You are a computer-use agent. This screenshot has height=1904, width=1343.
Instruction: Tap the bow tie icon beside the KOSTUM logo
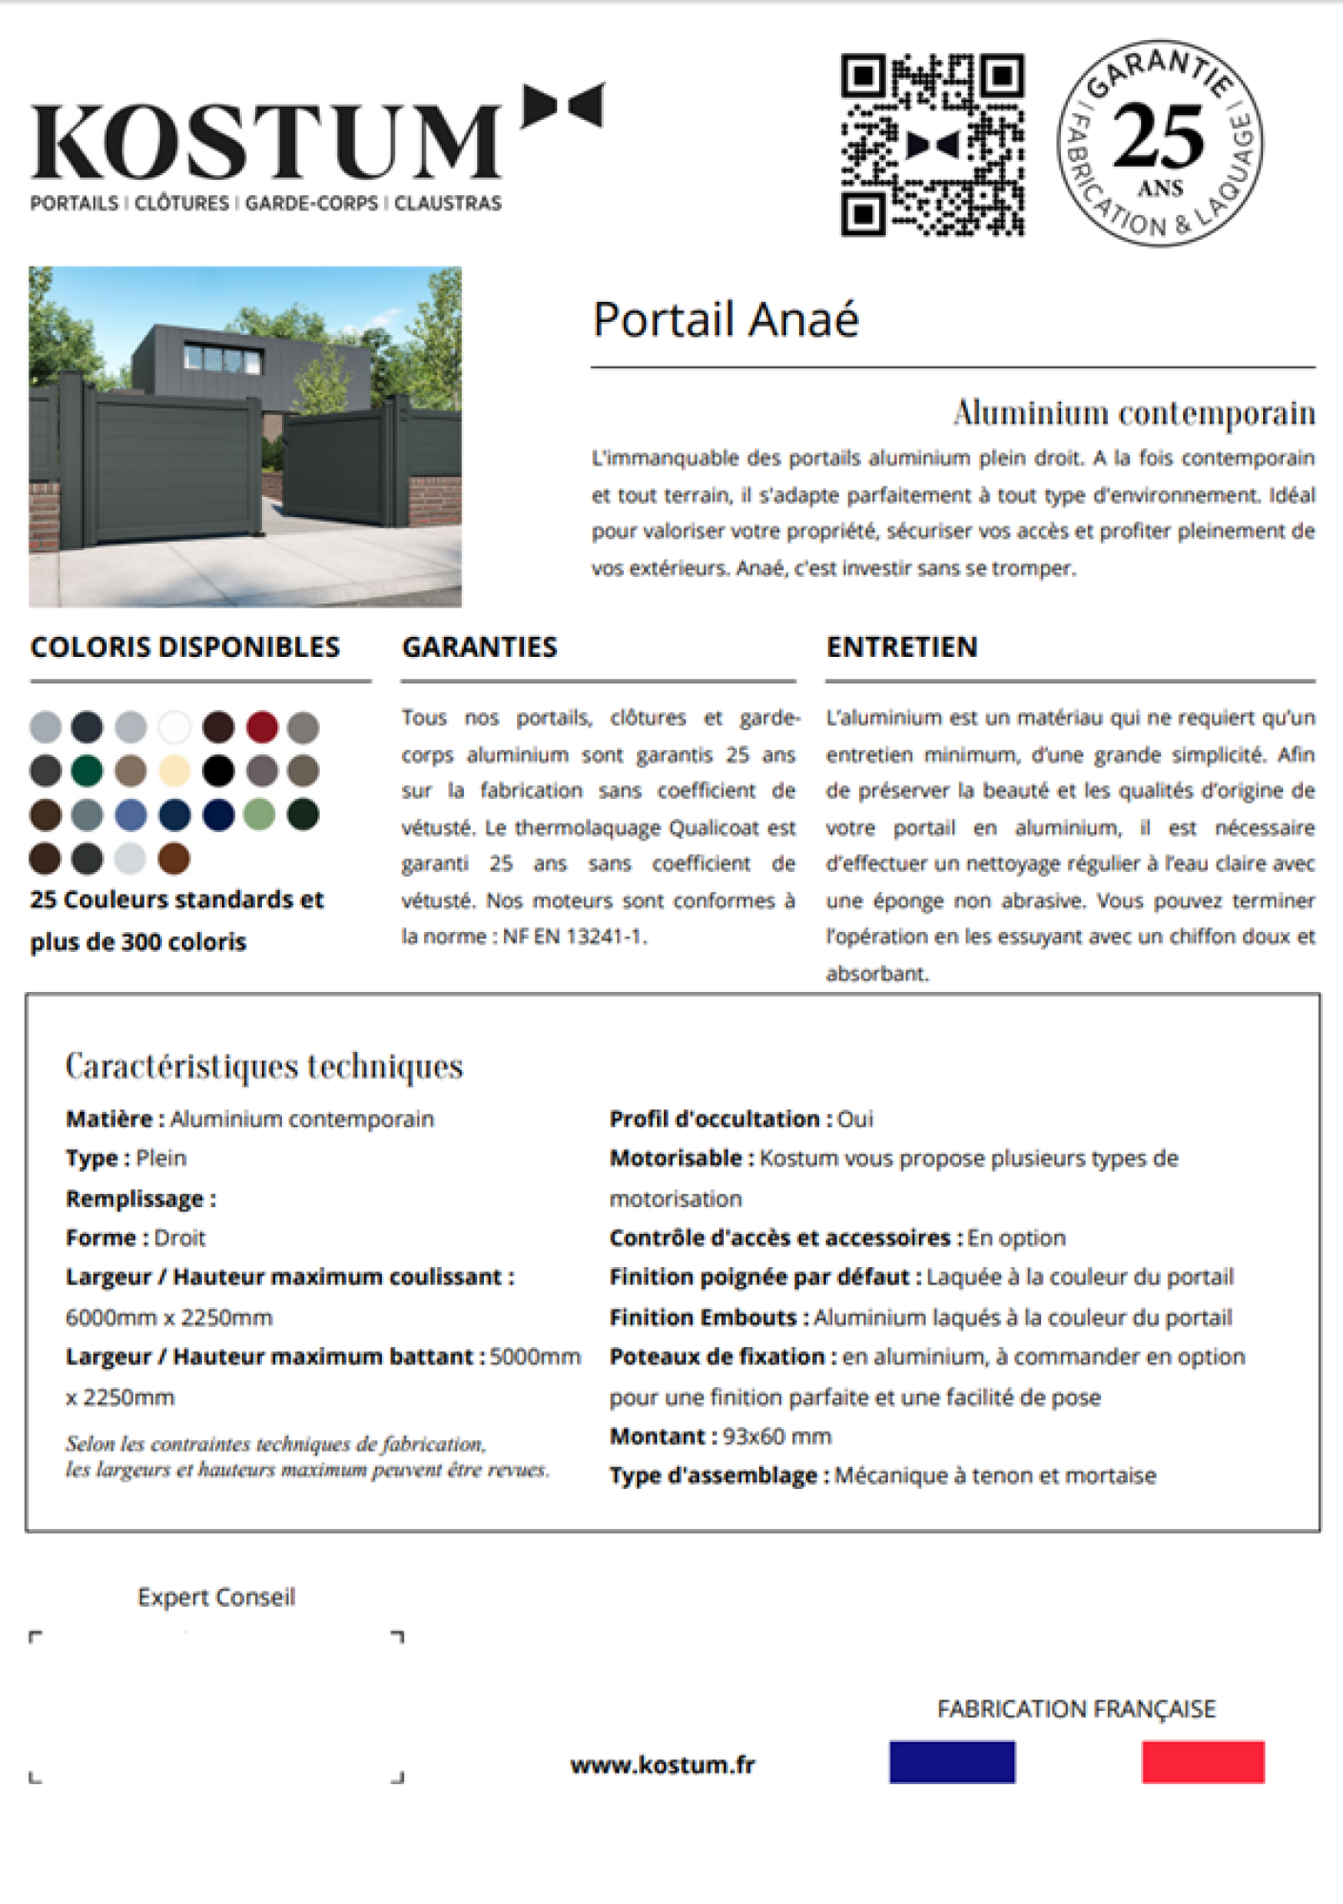(563, 105)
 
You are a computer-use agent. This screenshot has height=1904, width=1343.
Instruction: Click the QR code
(932, 145)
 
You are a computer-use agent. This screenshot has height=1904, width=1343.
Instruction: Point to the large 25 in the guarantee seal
(1158, 136)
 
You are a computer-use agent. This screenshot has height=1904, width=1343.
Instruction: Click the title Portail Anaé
(726, 320)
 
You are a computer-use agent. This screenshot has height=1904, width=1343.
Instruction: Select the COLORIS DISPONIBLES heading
(185, 647)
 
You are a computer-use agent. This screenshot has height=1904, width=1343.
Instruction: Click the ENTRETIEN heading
(901, 647)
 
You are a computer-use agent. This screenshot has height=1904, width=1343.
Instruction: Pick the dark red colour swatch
(262, 727)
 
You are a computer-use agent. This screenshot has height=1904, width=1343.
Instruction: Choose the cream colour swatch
(174, 770)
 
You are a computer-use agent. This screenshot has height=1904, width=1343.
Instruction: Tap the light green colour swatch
(260, 815)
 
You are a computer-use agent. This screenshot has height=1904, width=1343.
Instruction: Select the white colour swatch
(174, 727)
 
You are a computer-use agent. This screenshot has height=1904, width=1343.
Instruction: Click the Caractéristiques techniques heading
(264, 1066)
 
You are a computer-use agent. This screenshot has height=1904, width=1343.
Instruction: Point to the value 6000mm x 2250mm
(169, 1318)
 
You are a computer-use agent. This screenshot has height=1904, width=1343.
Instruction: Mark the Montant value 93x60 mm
(776, 1436)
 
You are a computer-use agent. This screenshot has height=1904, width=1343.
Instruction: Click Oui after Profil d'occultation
(855, 1119)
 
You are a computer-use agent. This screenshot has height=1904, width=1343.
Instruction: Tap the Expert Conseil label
(216, 1597)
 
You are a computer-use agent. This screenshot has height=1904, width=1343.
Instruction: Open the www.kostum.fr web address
(663, 1764)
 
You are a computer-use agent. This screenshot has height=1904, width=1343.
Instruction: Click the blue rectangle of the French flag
(952, 1762)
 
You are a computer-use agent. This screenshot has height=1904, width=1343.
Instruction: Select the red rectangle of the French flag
(1203, 1762)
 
